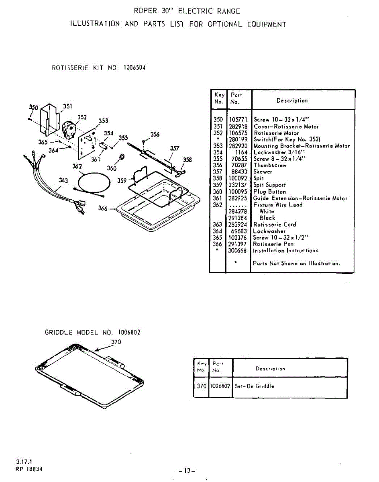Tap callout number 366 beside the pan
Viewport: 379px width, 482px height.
coord(103,208)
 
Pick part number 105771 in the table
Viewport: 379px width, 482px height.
coord(238,120)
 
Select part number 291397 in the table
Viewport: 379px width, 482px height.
coord(238,244)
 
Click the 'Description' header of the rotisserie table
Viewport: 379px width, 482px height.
coord(292,101)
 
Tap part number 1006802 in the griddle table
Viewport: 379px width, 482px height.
coord(220,386)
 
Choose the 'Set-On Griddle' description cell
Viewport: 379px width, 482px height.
coord(255,386)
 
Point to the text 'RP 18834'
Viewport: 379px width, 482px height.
coord(29,468)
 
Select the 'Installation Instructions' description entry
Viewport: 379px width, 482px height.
coord(285,251)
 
